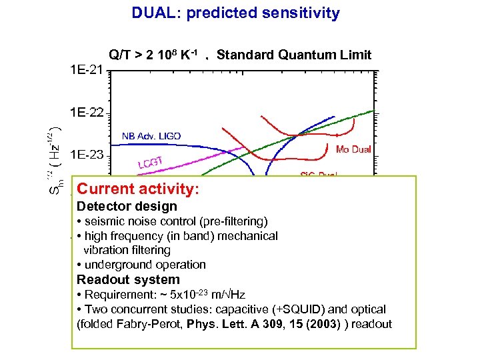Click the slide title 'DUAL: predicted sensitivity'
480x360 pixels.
(x=235, y=13)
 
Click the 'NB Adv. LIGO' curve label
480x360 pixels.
(x=151, y=136)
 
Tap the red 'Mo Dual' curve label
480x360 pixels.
(x=353, y=149)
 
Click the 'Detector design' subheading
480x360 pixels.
(x=127, y=207)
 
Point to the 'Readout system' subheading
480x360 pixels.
(x=129, y=280)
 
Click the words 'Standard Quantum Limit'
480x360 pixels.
(x=294, y=55)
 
